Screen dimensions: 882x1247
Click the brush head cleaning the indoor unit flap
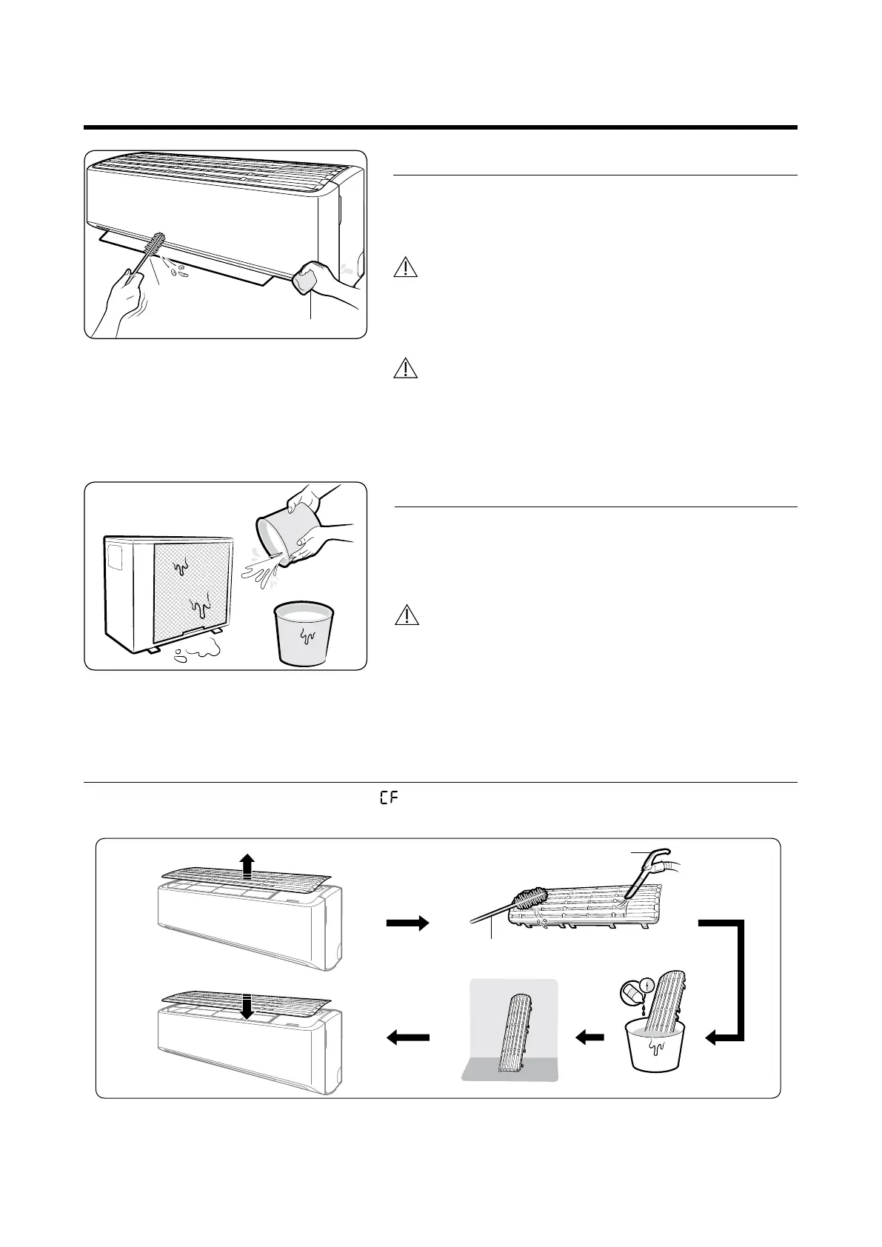pos(156,245)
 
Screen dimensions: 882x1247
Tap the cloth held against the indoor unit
pos(307,278)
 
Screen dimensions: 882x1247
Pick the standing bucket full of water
pos(304,633)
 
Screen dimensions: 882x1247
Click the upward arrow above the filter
pos(247,865)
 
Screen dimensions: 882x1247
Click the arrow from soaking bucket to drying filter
pos(590,1039)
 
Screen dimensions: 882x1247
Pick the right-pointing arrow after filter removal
pos(407,923)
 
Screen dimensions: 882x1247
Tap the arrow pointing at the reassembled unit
pos(408,1039)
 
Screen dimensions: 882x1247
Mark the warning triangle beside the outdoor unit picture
pos(406,615)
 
